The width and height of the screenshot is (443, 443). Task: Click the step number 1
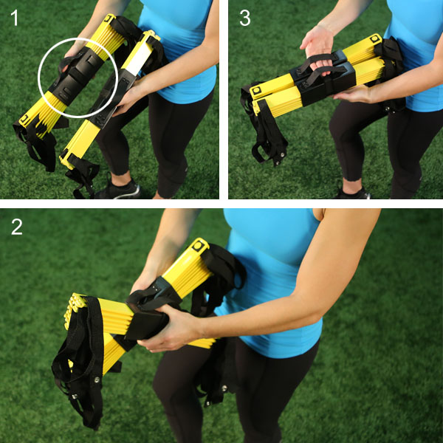pos(15,18)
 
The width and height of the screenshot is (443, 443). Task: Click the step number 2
pos(17,227)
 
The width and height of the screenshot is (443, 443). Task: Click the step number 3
pos(244,18)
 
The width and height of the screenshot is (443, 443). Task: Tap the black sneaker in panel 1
pos(119,189)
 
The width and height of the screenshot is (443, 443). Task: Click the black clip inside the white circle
pos(75,75)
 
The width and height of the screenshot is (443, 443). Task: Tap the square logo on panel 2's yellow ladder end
pos(199,245)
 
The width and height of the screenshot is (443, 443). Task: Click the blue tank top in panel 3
pos(414,54)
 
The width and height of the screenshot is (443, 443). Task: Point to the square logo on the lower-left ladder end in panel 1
pos(25,119)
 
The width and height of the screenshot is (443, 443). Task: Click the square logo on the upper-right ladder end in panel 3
pos(375,38)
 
